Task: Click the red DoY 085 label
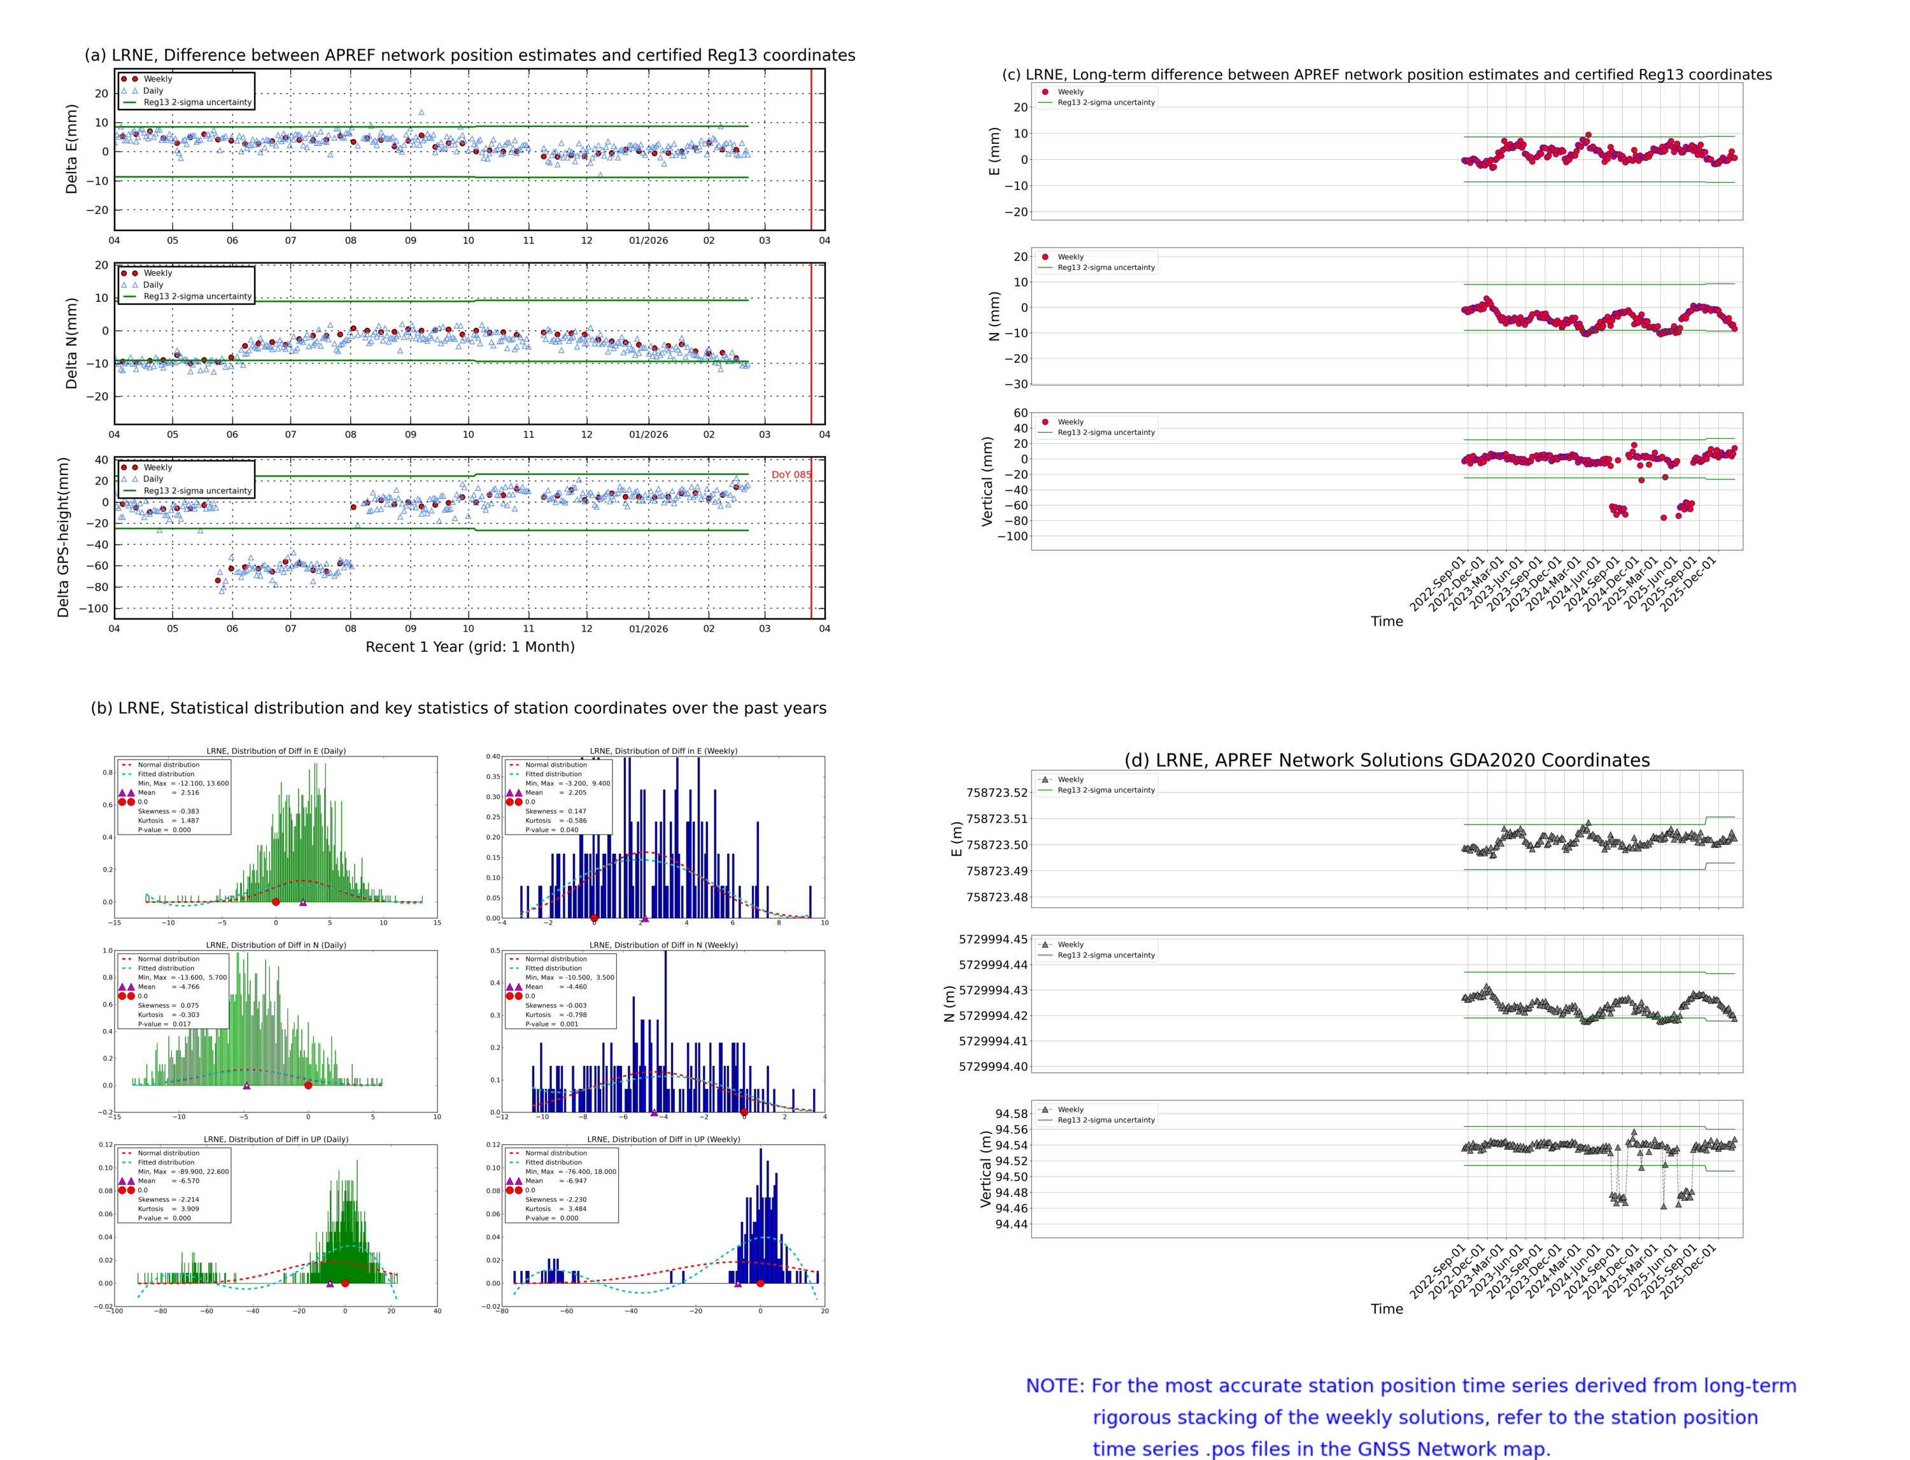click(x=790, y=474)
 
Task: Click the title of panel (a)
click(x=469, y=55)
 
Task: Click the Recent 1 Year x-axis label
click(x=469, y=646)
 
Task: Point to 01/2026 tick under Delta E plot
click(x=648, y=241)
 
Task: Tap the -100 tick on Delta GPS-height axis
click(x=93, y=608)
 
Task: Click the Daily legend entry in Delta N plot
click(x=153, y=285)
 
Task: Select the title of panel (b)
click(x=458, y=708)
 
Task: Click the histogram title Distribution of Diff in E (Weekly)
click(x=663, y=751)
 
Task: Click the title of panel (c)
click(x=1386, y=74)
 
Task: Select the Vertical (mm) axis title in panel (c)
click(x=986, y=481)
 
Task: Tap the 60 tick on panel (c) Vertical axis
click(x=1020, y=413)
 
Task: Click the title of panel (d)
click(x=1386, y=760)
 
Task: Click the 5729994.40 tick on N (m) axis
click(x=993, y=1067)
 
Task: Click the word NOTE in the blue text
click(x=1054, y=1386)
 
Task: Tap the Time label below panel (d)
click(x=1386, y=1309)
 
